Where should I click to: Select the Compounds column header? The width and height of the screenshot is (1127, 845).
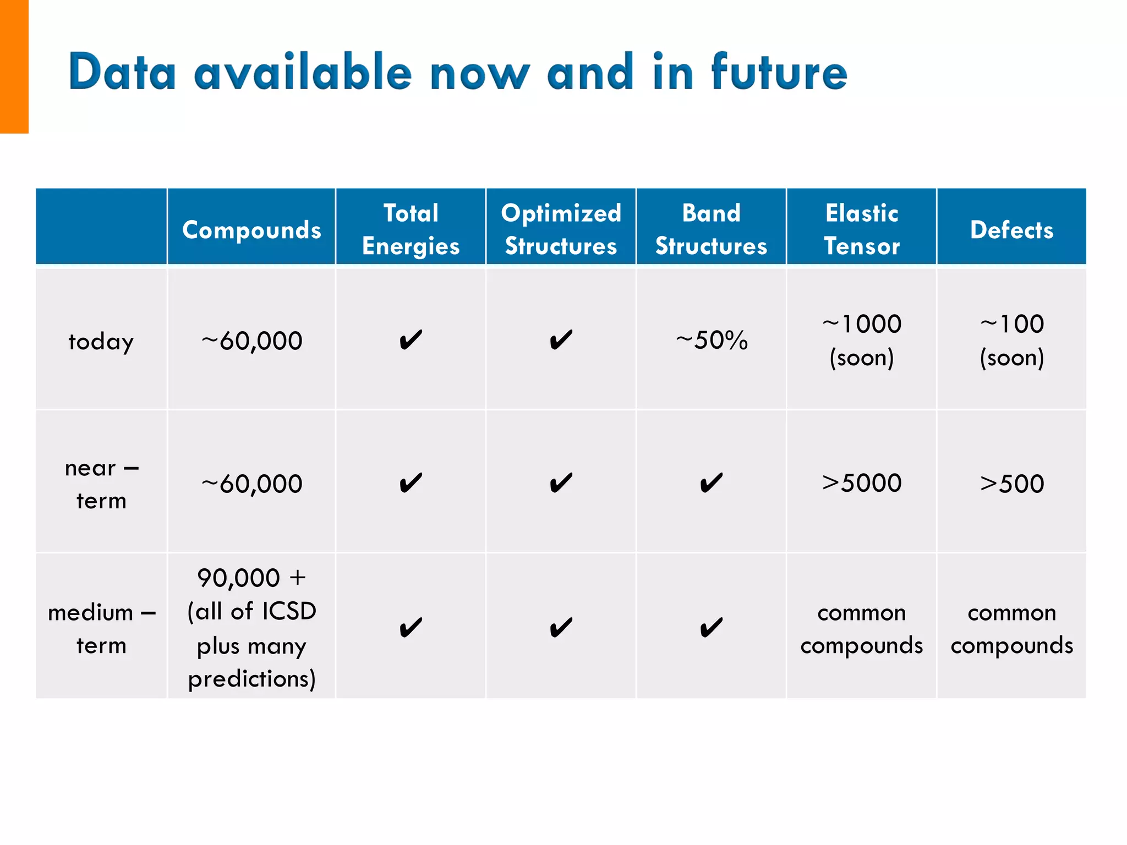click(x=251, y=229)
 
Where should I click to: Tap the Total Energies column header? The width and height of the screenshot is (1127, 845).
click(x=411, y=229)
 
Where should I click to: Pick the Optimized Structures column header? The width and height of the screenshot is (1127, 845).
click(x=561, y=229)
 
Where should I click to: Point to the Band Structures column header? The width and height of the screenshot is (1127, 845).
click(x=711, y=229)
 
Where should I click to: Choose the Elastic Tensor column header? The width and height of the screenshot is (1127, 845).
click(x=861, y=229)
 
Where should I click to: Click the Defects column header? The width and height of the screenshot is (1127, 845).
click(x=1011, y=229)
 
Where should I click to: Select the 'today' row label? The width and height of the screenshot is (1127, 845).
click(x=101, y=341)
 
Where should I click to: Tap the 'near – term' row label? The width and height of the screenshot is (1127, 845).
click(x=101, y=484)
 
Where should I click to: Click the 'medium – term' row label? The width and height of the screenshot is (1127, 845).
click(x=101, y=628)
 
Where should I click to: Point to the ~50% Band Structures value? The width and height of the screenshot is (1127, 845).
click(x=712, y=340)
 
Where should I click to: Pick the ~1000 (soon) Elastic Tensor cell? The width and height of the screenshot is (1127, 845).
click(x=861, y=340)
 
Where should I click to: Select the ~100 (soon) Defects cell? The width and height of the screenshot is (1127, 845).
click(x=1011, y=340)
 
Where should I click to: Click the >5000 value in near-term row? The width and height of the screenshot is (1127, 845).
click(x=861, y=483)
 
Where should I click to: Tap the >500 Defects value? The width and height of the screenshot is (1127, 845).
click(x=1011, y=484)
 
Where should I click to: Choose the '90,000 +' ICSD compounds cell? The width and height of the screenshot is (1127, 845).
click(x=251, y=628)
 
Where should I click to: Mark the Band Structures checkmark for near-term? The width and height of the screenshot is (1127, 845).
click(x=711, y=483)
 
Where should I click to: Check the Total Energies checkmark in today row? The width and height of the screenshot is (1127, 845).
click(x=411, y=340)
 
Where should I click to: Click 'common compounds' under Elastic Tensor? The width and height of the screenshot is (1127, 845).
click(x=861, y=628)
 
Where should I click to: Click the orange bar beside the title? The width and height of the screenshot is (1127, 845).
click(x=14, y=66)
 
